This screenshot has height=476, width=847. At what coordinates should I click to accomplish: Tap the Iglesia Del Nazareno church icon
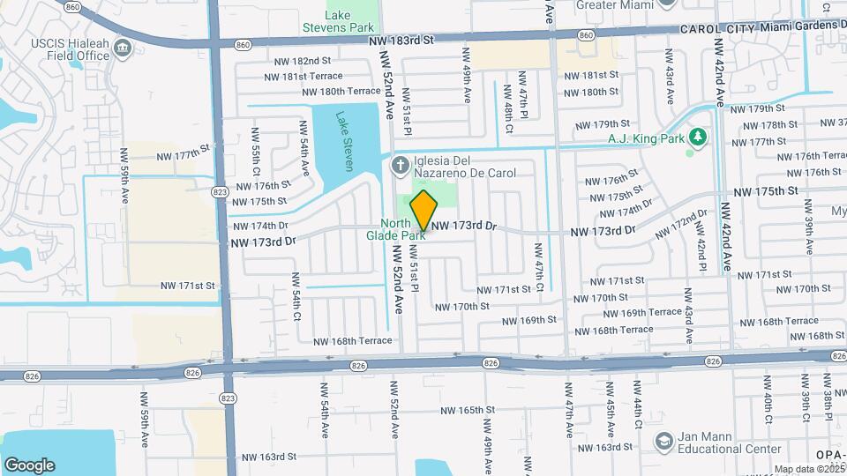coord(400,164)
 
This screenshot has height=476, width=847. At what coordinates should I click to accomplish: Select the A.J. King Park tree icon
coord(698,137)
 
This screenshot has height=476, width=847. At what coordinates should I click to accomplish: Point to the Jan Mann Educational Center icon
coord(663,440)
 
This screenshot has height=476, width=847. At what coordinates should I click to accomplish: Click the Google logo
coord(29,465)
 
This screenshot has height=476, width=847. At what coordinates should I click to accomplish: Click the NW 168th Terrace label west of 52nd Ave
coord(350,340)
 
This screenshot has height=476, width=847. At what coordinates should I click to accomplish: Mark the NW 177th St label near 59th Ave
coord(185,155)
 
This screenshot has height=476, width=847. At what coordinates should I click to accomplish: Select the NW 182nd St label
coord(302,61)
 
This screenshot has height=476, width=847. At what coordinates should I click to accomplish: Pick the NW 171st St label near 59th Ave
coord(188,286)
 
